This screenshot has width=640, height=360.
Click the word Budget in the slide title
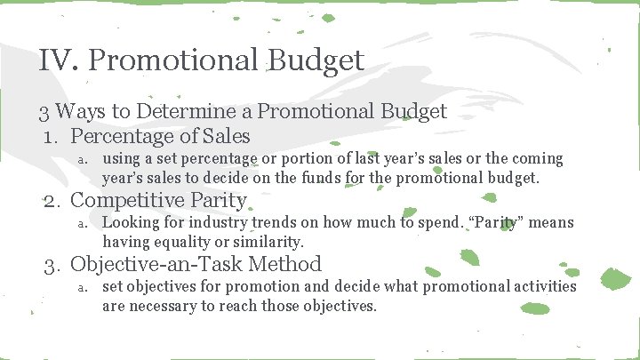(314, 60)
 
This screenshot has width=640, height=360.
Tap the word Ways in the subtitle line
(84, 112)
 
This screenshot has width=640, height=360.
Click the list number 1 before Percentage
(52, 137)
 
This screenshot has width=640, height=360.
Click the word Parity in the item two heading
(219, 200)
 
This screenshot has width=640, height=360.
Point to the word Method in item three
(289, 264)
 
